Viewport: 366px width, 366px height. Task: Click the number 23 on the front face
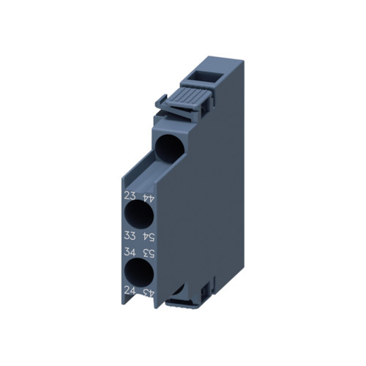coord(130,195)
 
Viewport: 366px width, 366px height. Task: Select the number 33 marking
coord(130,235)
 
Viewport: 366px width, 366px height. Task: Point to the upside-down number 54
coord(149,236)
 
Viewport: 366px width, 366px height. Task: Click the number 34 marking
coord(130,253)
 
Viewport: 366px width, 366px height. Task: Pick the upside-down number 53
coord(149,253)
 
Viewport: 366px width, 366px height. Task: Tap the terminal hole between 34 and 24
coord(138,272)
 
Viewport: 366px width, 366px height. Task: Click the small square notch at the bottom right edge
coord(212,287)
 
